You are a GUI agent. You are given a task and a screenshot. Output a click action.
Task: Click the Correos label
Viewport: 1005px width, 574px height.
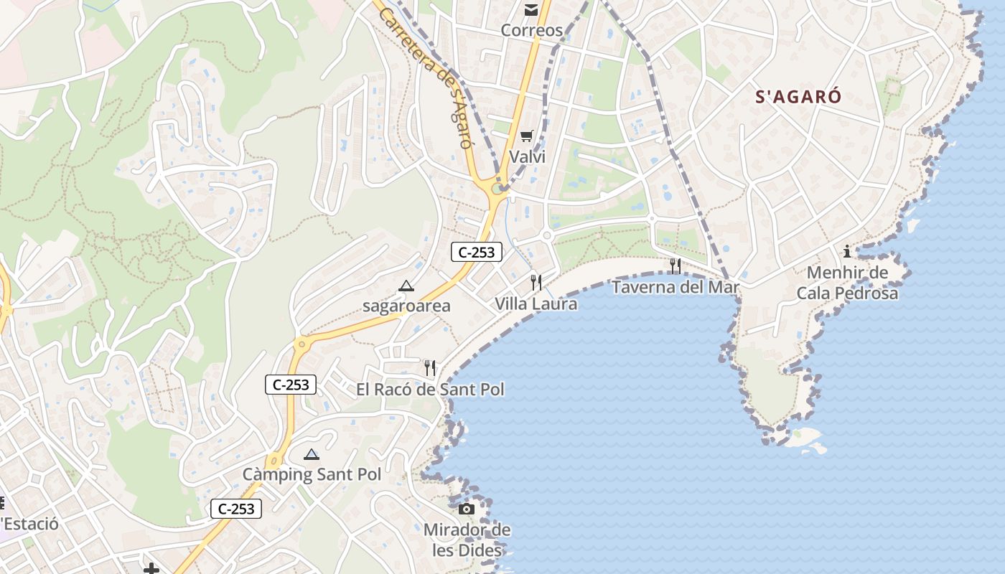pos(531,30)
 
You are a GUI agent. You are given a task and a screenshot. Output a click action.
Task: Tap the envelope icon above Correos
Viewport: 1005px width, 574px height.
pos(531,9)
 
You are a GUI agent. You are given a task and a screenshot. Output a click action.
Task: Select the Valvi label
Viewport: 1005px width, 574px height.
pos(527,156)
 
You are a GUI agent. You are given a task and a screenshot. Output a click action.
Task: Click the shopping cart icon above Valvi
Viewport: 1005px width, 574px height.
pos(527,136)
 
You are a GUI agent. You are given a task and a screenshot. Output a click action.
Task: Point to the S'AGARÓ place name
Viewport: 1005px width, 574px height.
pos(798,97)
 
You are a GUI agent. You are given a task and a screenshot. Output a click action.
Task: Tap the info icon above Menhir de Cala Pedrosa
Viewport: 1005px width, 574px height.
pos(847,251)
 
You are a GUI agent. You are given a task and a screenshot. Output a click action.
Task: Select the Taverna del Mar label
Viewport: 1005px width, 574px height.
pos(675,287)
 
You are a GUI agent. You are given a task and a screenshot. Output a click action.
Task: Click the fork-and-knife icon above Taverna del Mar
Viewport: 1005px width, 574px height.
pos(675,266)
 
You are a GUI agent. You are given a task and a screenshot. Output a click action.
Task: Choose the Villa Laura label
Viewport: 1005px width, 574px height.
pos(536,304)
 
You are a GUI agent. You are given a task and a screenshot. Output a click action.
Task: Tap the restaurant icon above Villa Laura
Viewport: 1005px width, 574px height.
pos(536,282)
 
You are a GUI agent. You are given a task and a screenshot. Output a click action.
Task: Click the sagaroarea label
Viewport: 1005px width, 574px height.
pos(406,306)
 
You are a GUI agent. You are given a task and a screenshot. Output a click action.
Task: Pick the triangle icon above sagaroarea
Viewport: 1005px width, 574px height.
pos(406,286)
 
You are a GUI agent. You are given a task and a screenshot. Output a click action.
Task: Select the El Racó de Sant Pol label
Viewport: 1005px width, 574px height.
pos(430,390)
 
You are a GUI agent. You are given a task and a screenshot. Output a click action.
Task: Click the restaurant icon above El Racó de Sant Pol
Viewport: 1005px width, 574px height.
pos(430,368)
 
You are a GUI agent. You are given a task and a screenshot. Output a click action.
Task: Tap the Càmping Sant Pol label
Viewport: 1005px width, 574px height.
pos(312,475)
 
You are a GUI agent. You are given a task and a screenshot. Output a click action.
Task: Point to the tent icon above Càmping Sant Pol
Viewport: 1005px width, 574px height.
pos(311,454)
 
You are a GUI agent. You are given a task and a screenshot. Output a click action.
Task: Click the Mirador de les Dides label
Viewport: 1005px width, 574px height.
pos(467,540)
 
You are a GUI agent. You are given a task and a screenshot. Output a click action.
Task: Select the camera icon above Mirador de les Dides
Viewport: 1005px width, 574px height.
pos(467,509)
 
